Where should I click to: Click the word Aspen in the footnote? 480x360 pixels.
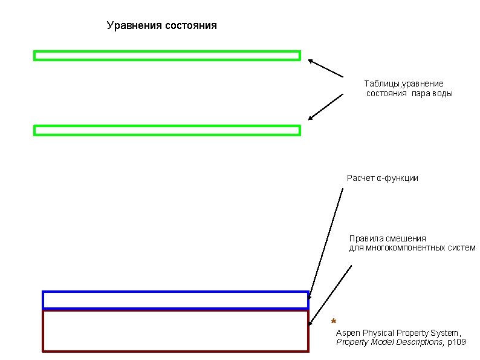pos(346,333)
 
